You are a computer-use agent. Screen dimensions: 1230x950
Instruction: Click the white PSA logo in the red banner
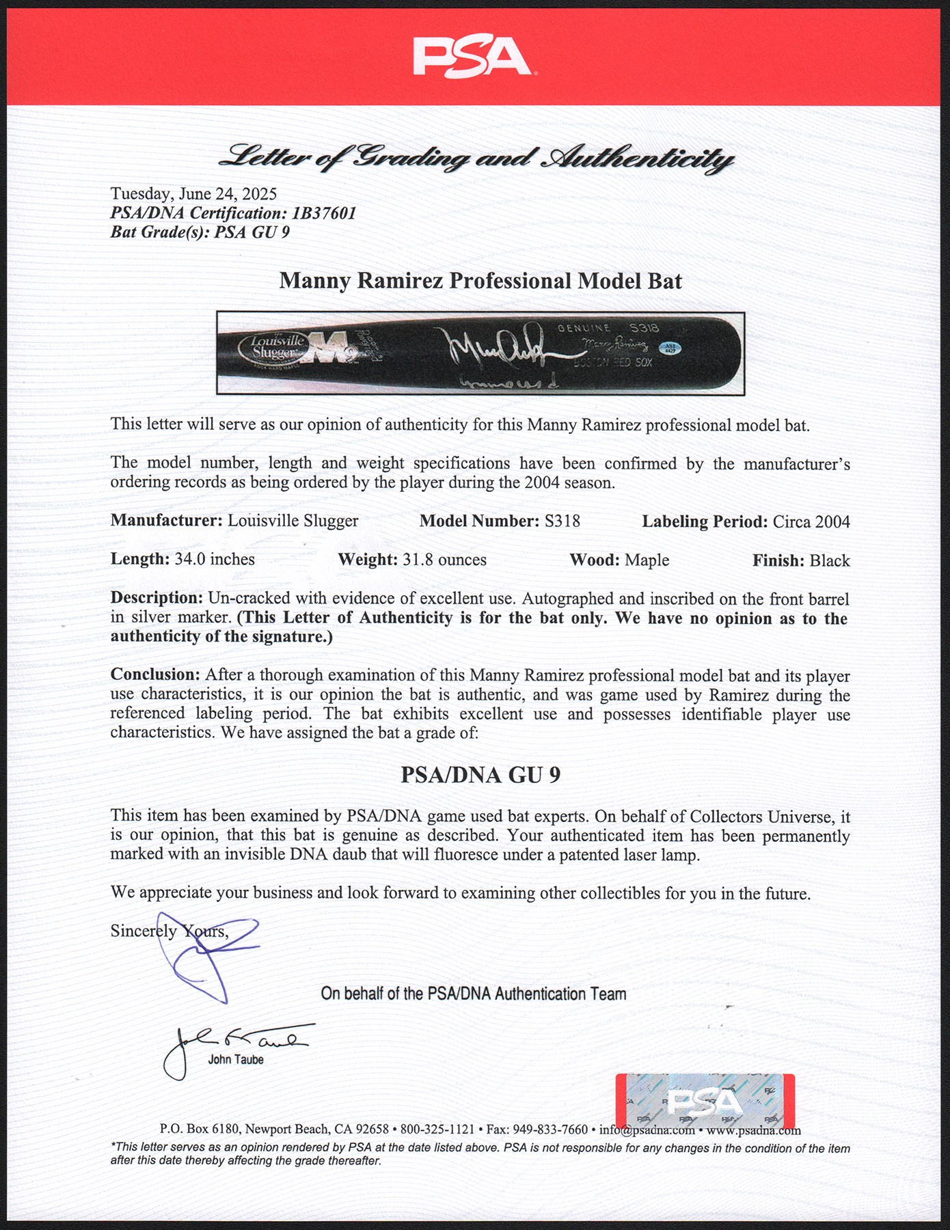coord(473,57)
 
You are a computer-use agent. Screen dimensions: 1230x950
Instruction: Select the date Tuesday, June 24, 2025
coord(193,194)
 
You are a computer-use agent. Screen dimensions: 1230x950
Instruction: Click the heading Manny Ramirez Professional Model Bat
coord(480,281)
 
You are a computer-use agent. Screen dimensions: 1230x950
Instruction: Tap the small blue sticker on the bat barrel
coord(670,348)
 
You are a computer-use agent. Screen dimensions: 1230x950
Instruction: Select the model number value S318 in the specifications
coord(562,521)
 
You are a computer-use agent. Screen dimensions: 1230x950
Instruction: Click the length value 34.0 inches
coord(214,560)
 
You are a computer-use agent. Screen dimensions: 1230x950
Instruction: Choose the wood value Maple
coord(647,560)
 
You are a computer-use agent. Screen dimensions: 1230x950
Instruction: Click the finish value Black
coord(830,561)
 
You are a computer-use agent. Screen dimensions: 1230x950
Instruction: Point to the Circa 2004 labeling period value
coord(811,522)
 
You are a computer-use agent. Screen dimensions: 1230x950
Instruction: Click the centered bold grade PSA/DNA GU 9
coord(480,775)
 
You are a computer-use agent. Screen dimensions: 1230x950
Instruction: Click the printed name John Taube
coord(236,1060)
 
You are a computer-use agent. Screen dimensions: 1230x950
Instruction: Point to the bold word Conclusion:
coord(155,675)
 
